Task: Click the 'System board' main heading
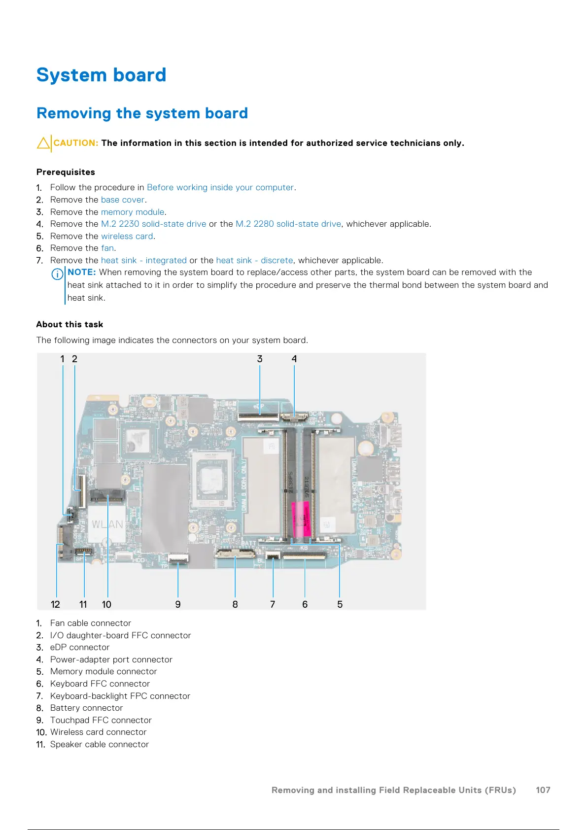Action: click(x=101, y=75)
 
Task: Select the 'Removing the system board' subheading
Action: click(x=142, y=113)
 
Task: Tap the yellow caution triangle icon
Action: click(x=43, y=143)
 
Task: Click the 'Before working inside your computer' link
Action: click(x=220, y=187)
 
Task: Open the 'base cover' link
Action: click(x=123, y=200)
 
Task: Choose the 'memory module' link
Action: click(x=133, y=212)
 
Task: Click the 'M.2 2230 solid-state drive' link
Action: click(x=153, y=224)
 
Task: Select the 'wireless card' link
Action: click(x=127, y=236)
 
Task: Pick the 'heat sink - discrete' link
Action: click(x=254, y=260)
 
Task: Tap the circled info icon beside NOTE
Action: click(x=58, y=274)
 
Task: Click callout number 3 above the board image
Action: click(x=260, y=359)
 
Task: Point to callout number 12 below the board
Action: click(x=55, y=604)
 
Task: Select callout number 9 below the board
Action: click(x=178, y=604)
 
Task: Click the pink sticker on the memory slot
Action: click(x=301, y=519)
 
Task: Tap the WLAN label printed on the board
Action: click(x=107, y=524)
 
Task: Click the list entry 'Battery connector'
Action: click(x=86, y=708)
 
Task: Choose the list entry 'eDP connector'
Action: click(x=80, y=647)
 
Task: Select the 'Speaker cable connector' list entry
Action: click(x=99, y=744)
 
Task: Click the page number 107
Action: click(x=543, y=790)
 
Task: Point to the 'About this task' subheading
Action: click(x=69, y=324)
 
